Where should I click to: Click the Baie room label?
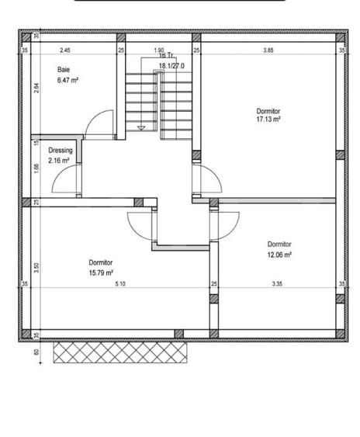(63, 70)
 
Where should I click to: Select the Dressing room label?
(60, 150)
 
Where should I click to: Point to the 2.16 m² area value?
(59, 161)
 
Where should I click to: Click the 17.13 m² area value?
(268, 120)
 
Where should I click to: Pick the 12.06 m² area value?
(279, 255)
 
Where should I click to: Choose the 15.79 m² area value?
(101, 272)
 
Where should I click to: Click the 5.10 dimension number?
(119, 284)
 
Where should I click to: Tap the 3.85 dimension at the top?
(268, 50)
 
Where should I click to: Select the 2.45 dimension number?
(65, 50)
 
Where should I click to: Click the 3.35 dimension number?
(277, 284)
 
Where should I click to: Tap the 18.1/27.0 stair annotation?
(171, 66)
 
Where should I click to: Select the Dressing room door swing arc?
(64, 180)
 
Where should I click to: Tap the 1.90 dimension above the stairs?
(158, 50)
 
